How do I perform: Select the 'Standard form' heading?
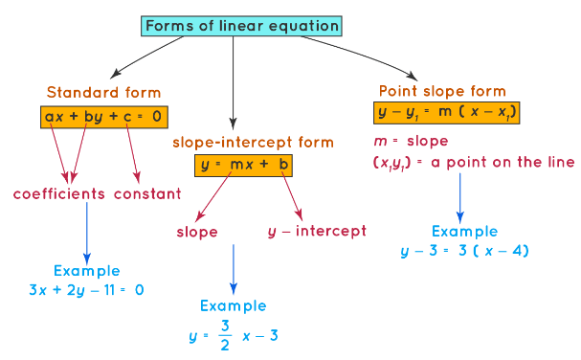(103, 94)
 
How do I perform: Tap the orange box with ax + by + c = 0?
(104, 117)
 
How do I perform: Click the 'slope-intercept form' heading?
(253, 142)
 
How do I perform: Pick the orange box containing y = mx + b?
(243, 166)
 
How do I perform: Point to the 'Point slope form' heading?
(441, 91)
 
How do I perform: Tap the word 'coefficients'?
(59, 194)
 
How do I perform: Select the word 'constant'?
(147, 194)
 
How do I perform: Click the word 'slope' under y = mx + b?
(197, 232)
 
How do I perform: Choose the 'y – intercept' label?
(317, 231)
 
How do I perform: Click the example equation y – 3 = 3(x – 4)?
(465, 251)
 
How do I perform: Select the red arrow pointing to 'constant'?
(136, 153)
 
